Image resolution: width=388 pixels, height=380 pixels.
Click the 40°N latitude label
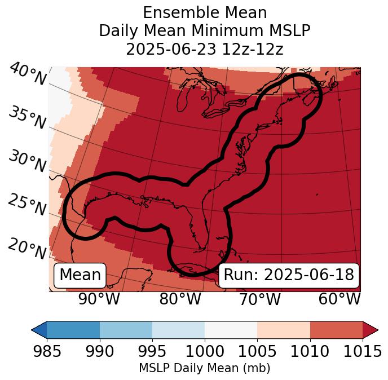tap(28, 74)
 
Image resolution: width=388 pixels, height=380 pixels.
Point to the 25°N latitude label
tap(27, 205)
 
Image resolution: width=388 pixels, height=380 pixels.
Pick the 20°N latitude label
tap(27, 249)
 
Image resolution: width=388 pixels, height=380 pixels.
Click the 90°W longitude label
tap(99, 299)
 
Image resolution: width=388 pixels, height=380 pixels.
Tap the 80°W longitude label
tap(180, 299)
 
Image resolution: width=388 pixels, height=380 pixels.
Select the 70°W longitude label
tap(259, 299)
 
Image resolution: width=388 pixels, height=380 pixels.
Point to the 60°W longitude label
tap(339, 299)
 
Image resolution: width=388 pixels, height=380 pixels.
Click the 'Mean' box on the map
tap(80, 275)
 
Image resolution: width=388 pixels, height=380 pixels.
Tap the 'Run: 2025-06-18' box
tap(289, 275)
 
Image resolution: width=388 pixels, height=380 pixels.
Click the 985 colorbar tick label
tap(47, 351)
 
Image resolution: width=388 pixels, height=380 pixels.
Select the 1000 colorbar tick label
tap(205, 351)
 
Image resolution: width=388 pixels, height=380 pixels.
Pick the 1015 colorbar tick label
tap(363, 351)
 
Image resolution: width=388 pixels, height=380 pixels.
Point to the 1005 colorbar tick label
tap(257, 351)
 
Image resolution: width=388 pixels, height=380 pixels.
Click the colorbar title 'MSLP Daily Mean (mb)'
tap(205, 368)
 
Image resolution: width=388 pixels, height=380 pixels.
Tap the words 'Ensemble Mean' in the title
tap(205, 12)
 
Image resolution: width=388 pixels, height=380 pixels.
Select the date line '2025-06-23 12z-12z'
tap(205, 49)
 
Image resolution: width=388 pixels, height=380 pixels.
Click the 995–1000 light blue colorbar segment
tap(178, 329)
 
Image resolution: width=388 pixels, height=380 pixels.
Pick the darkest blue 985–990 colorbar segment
tap(73, 329)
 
